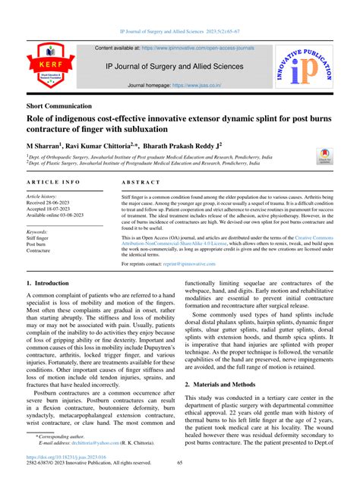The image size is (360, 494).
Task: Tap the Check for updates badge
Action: [x=324, y=156]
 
